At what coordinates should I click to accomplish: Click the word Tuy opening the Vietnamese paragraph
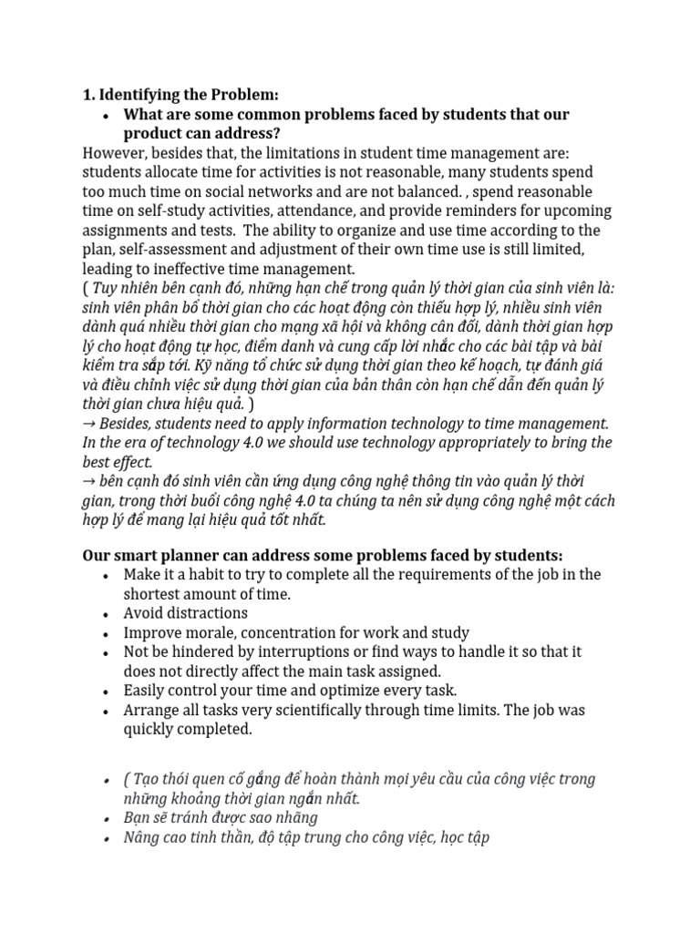tap(109, 288)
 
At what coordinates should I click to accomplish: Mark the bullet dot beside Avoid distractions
tap(107, 613)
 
